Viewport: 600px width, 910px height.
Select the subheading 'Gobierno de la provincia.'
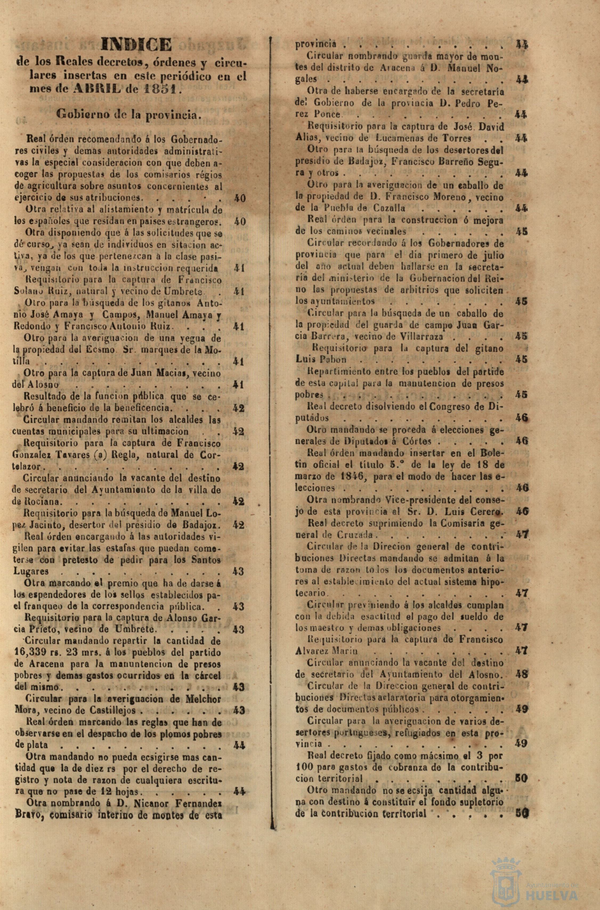click(x=129, y=114)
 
